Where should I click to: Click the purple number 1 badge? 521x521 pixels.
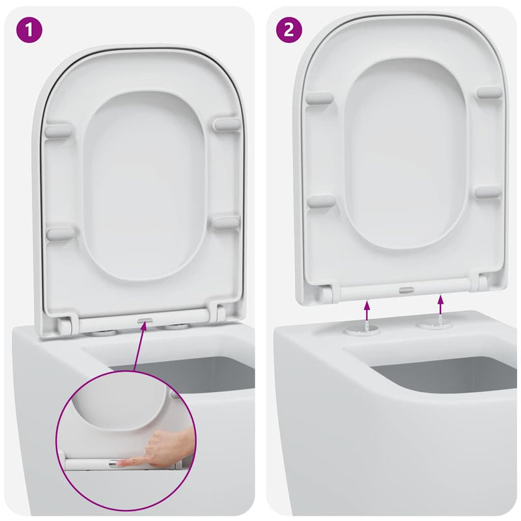tap(29, 30)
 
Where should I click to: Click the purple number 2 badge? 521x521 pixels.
tap(289, 30)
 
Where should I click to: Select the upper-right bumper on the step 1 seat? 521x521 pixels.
tap(226, 124)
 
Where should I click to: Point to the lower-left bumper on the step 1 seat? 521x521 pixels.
tap(61, 233)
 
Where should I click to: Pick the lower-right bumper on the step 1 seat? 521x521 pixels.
tap(226, 223)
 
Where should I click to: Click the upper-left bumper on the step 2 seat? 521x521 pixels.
tap(320, 98)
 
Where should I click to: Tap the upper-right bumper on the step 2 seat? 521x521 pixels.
tap(488, 92)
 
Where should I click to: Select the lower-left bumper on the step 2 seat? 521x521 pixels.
tap(321, 201)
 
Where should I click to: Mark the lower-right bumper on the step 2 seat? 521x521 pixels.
tap(488, 192)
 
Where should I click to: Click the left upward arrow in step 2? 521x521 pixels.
tap(367, 309)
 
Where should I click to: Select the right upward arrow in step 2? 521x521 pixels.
tap(441, 305)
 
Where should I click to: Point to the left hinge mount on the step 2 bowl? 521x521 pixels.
tap(362, 330)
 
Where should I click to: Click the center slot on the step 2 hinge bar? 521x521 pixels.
tap(405, 287)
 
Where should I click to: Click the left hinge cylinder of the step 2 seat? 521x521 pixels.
tap(323, 292)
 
